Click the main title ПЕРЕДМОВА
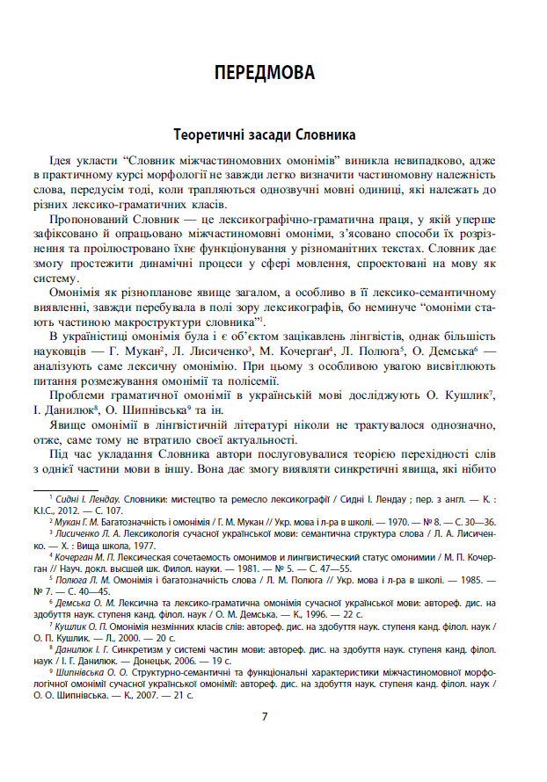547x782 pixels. (x=264, y=73)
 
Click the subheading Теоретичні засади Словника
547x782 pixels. (x=264, y=137)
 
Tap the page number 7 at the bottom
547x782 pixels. (x=265, y=716)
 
